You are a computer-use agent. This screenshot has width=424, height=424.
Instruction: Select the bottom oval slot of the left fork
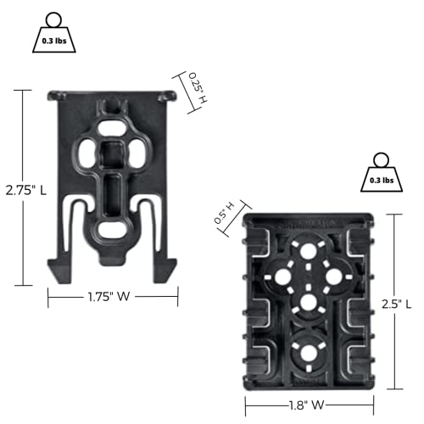click(112, 232)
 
